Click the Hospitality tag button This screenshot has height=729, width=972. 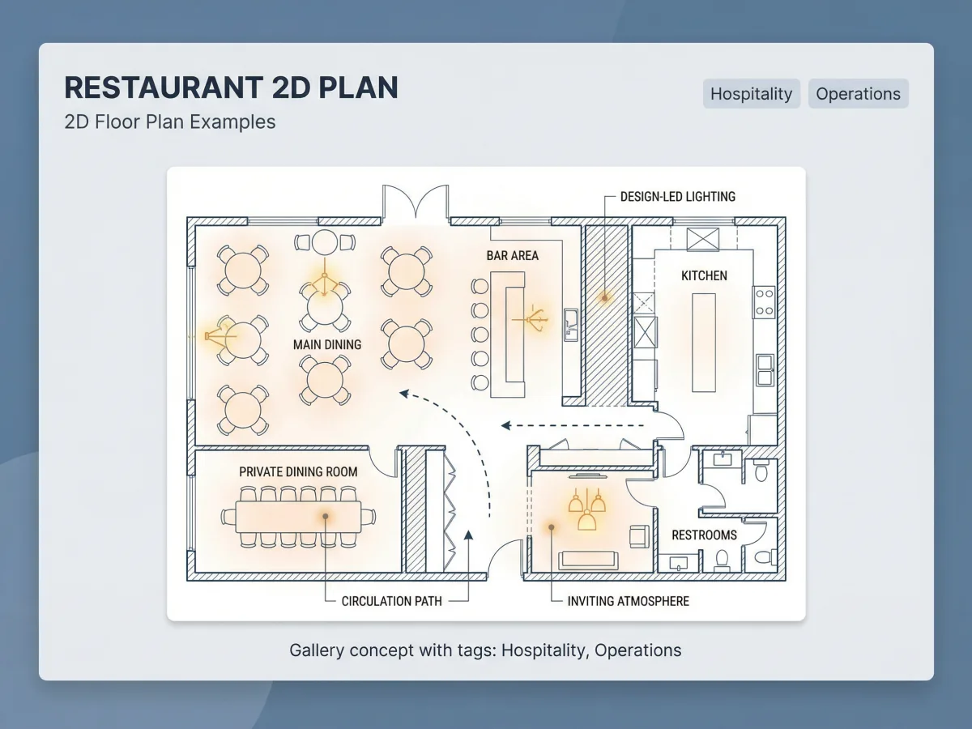coord(751,93)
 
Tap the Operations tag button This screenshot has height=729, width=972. coord(858,93)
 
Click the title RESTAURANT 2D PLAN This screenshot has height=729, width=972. coord(231,87)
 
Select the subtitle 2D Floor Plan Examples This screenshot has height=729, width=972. coord(170,122)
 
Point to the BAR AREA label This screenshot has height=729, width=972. coord(513,255)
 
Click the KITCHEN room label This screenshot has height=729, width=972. coord(704,275)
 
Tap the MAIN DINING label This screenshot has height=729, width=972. coord(327,344)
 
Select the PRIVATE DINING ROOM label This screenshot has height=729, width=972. coord(298,472)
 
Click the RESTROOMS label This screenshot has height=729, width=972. coord(704,535)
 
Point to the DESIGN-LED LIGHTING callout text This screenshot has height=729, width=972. coord(677,197)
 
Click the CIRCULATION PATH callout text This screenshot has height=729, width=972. coord(391,601)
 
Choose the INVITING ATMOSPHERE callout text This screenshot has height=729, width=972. coord(629,601)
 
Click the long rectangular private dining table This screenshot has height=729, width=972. coord(298,517)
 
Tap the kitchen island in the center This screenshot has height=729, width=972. coord(704,343)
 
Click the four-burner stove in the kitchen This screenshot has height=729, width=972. coord(765,302)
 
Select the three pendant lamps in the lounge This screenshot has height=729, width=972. coord(586,509)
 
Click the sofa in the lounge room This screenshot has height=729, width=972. coord(588,561)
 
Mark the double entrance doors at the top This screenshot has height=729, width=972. coord(416,202)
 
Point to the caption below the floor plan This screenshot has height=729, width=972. coord(485,650)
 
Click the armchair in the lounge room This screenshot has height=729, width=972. coord(639,536)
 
